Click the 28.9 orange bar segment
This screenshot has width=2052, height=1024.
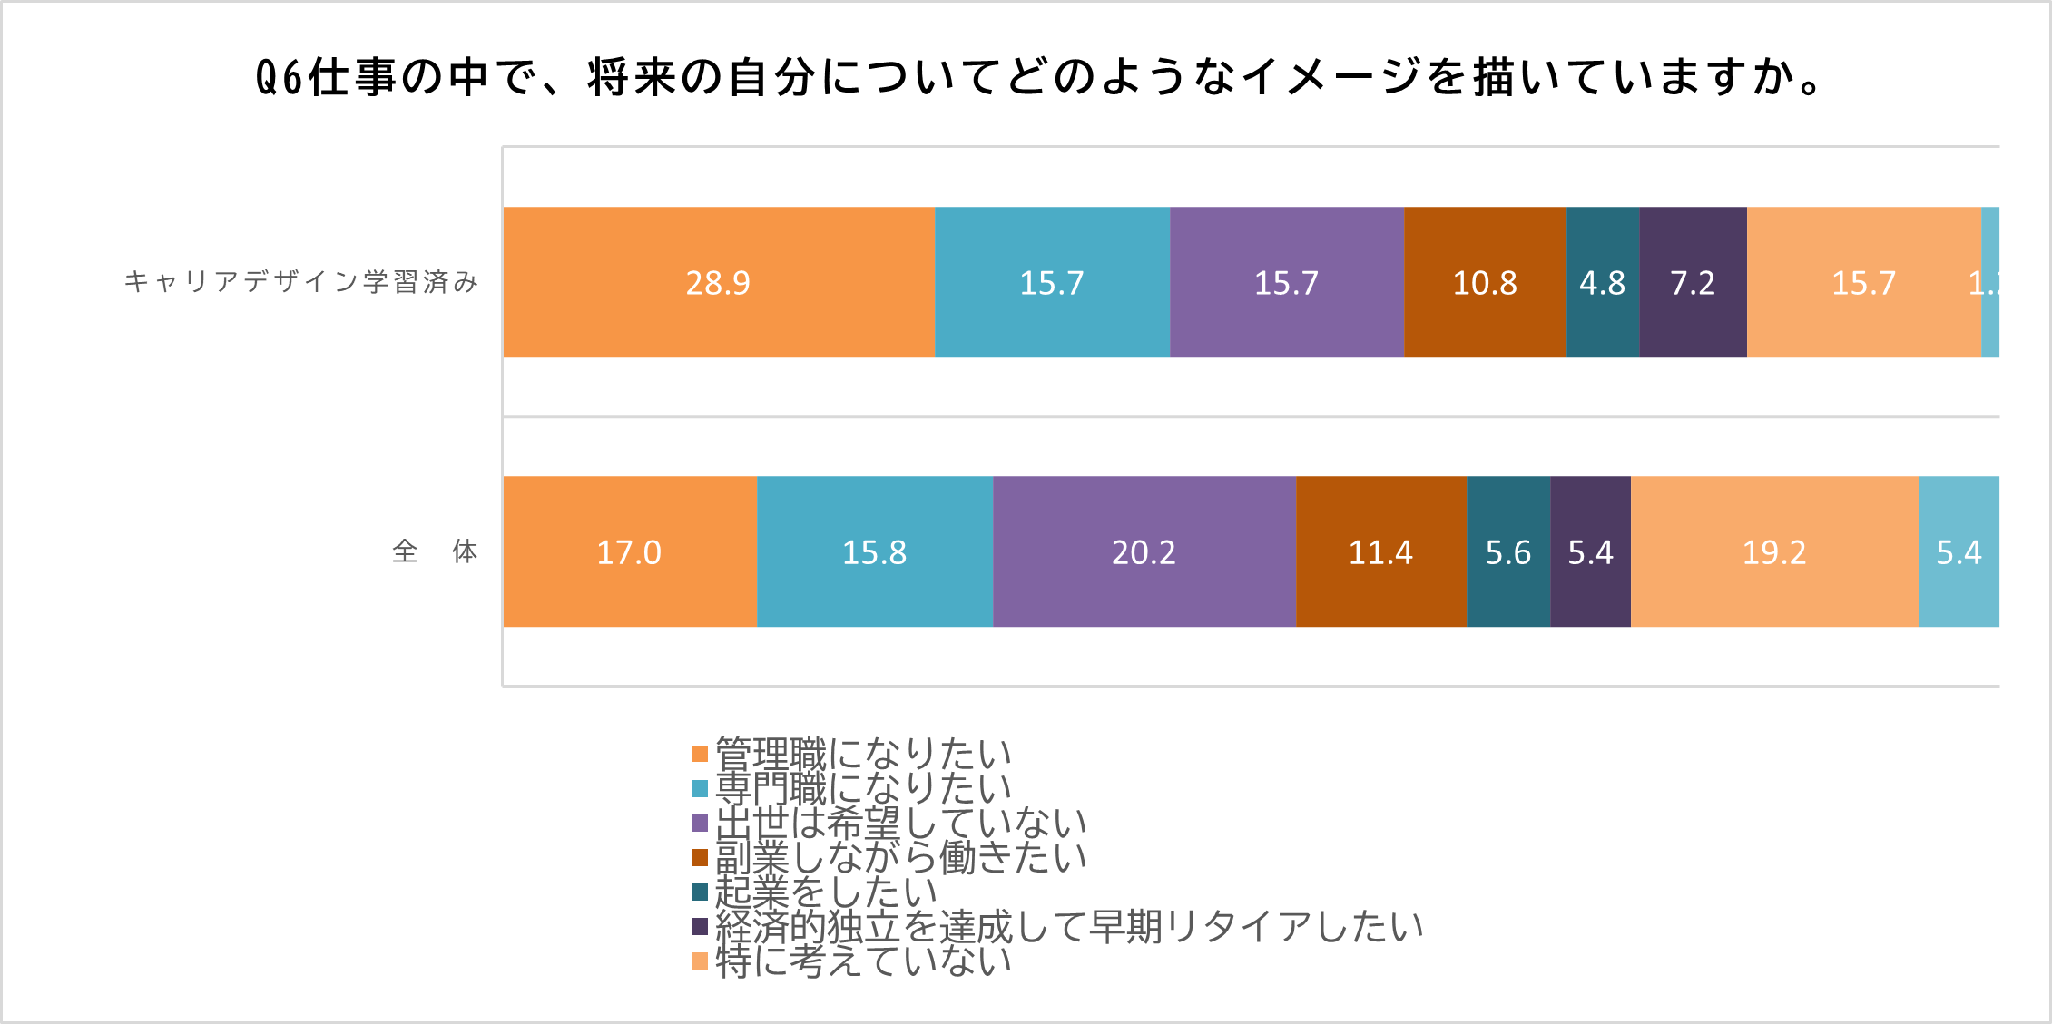pos(718,282)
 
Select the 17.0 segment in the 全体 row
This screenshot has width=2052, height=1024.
pos(629,551)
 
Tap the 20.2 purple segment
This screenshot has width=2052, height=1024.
pos(1144,551)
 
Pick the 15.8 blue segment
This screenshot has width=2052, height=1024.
pos(874,551)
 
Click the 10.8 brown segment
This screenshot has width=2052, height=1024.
pos(1485,282)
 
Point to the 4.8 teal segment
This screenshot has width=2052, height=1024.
pos(1602,282)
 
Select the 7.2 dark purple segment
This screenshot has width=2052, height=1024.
pos(1693,282)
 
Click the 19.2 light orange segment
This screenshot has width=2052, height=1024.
pos(1774,551)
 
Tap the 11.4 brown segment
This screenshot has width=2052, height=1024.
pos(1380,551)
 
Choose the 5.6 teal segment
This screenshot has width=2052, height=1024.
pos(1507,551)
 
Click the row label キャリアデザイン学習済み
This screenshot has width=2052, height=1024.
pos(300,282)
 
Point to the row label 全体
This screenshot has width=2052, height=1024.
pos(435,551)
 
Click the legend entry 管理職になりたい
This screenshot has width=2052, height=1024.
pos(862,754)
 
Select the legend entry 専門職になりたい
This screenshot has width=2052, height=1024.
pos(862,788)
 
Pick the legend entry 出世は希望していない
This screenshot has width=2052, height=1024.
pos(900,823)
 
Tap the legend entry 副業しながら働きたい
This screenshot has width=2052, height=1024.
pos(900,857)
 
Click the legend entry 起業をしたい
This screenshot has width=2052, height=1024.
pos(825,892)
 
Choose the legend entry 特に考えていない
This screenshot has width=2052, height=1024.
pos(862,961)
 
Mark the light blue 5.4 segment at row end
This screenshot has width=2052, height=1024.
pos(1959,551)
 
